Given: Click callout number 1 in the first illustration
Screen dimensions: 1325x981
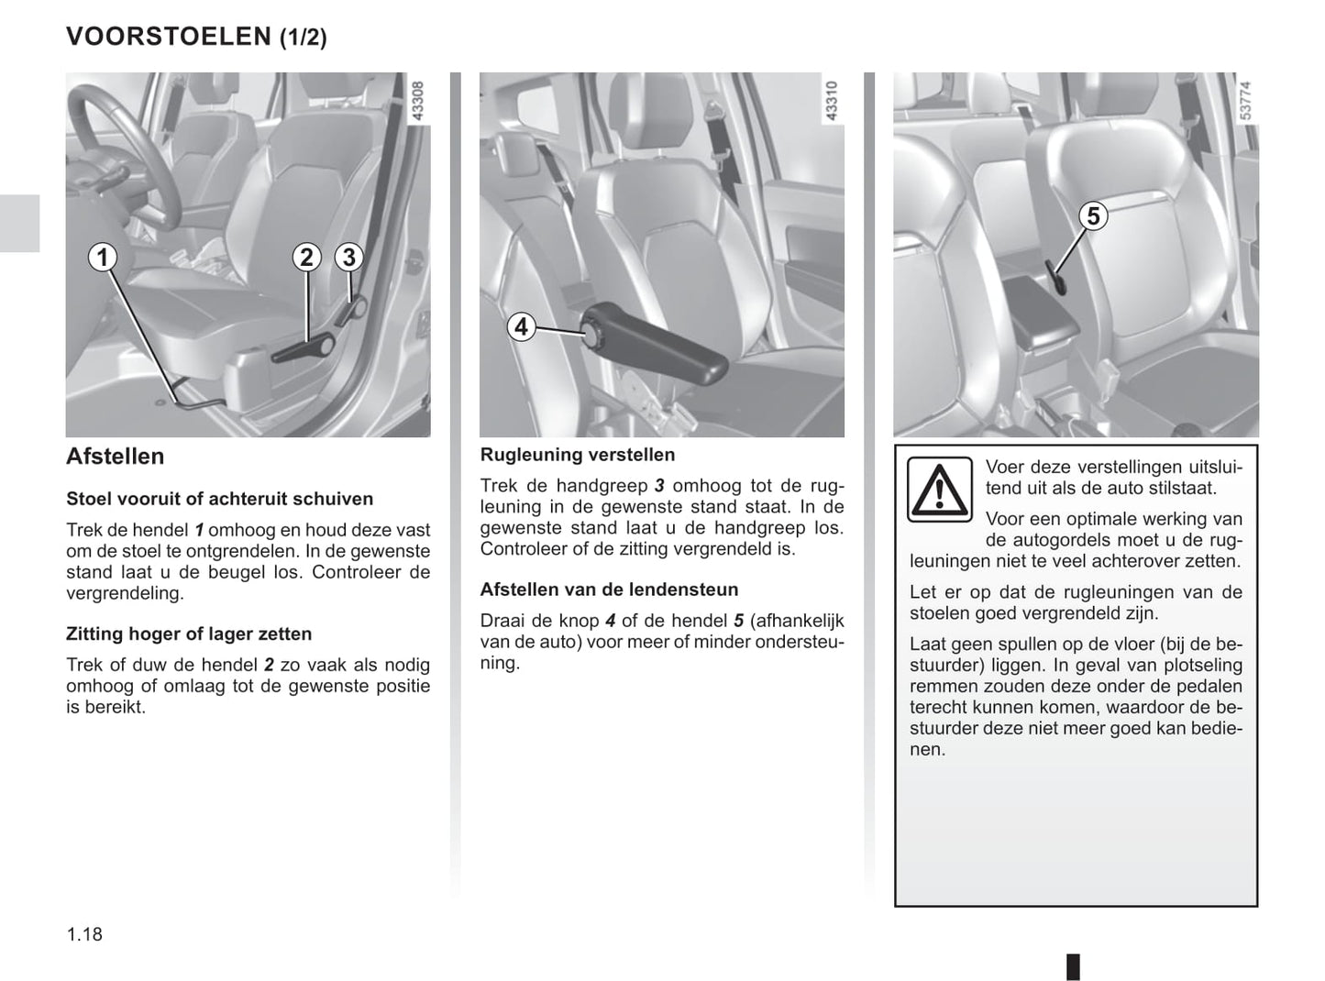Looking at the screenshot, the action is (x=103, y=258).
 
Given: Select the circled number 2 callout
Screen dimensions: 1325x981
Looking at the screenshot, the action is (x=306, y=258).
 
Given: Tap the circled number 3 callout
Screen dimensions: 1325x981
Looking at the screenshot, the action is (x=348, y=258).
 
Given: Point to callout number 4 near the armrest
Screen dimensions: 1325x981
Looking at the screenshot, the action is (x=522, y=327).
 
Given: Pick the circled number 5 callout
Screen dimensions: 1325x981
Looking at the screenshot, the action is (x=1093, y=215).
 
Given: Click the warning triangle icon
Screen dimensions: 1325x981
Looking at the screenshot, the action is (x=939, y=490).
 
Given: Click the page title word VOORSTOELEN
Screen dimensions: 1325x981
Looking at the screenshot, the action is (x=169, y=37).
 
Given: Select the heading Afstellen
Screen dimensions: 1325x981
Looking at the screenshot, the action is (x=116, y=457).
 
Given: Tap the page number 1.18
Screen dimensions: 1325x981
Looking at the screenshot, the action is (x=85, y=934).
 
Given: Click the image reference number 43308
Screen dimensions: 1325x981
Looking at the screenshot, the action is (x=418, y=101).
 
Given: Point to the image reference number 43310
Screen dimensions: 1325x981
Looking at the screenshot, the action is (x=832, y=101).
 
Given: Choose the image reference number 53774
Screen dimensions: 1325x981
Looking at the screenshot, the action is (x=1245, y=101).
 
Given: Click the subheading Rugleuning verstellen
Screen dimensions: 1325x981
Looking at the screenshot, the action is (x=578, y=456).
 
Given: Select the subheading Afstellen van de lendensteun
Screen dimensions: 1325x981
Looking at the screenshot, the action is (x=610, y=590).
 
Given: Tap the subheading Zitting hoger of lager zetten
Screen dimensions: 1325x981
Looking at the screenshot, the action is (x=189, y=634).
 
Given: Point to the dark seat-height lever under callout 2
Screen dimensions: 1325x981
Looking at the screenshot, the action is (x=304, y=348).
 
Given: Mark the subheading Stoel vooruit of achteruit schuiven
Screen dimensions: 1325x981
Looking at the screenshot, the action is (x=220, y=499).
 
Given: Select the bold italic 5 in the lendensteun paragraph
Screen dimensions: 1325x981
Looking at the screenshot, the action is (x=739, y=621).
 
